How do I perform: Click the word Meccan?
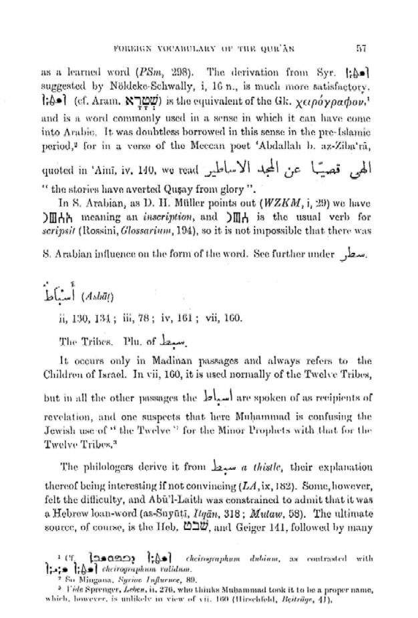pos(205,142)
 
